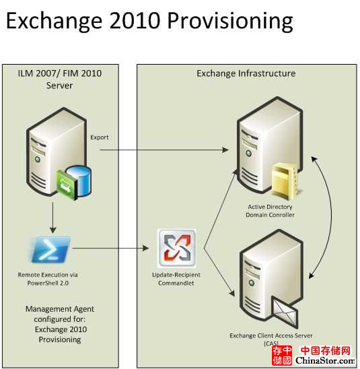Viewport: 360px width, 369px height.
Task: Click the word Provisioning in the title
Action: (x=230, y=21)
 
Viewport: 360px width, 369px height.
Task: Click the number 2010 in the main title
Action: (x=135, y=20)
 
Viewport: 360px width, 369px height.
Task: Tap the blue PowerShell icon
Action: (x=50, y=249)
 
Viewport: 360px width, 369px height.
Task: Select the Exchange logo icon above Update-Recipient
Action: (x=177, y=248)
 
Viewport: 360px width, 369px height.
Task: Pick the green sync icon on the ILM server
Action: (x=67, y=185)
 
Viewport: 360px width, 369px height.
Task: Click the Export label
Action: (x=100, y=137)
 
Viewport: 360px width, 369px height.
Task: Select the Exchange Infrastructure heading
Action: (x=246, y=73)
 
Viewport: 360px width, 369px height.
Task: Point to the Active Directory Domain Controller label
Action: (x=270, y=211)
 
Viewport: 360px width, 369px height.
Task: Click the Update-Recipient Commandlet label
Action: (x=176, y=279)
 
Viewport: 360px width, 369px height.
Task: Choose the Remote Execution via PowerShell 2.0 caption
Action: (x=48, y=279)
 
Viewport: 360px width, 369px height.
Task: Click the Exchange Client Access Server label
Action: (x=271, y=339)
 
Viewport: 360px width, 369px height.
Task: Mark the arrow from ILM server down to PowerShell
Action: (x=53, y=217)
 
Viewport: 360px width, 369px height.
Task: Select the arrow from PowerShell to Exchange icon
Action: (x=110, y=248)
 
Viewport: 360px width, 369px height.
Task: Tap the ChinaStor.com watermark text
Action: (x=325, y=360)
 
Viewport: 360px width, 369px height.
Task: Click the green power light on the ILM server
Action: (x=38, y=160)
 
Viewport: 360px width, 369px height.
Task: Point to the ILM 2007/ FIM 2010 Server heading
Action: (x=60, y=79)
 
